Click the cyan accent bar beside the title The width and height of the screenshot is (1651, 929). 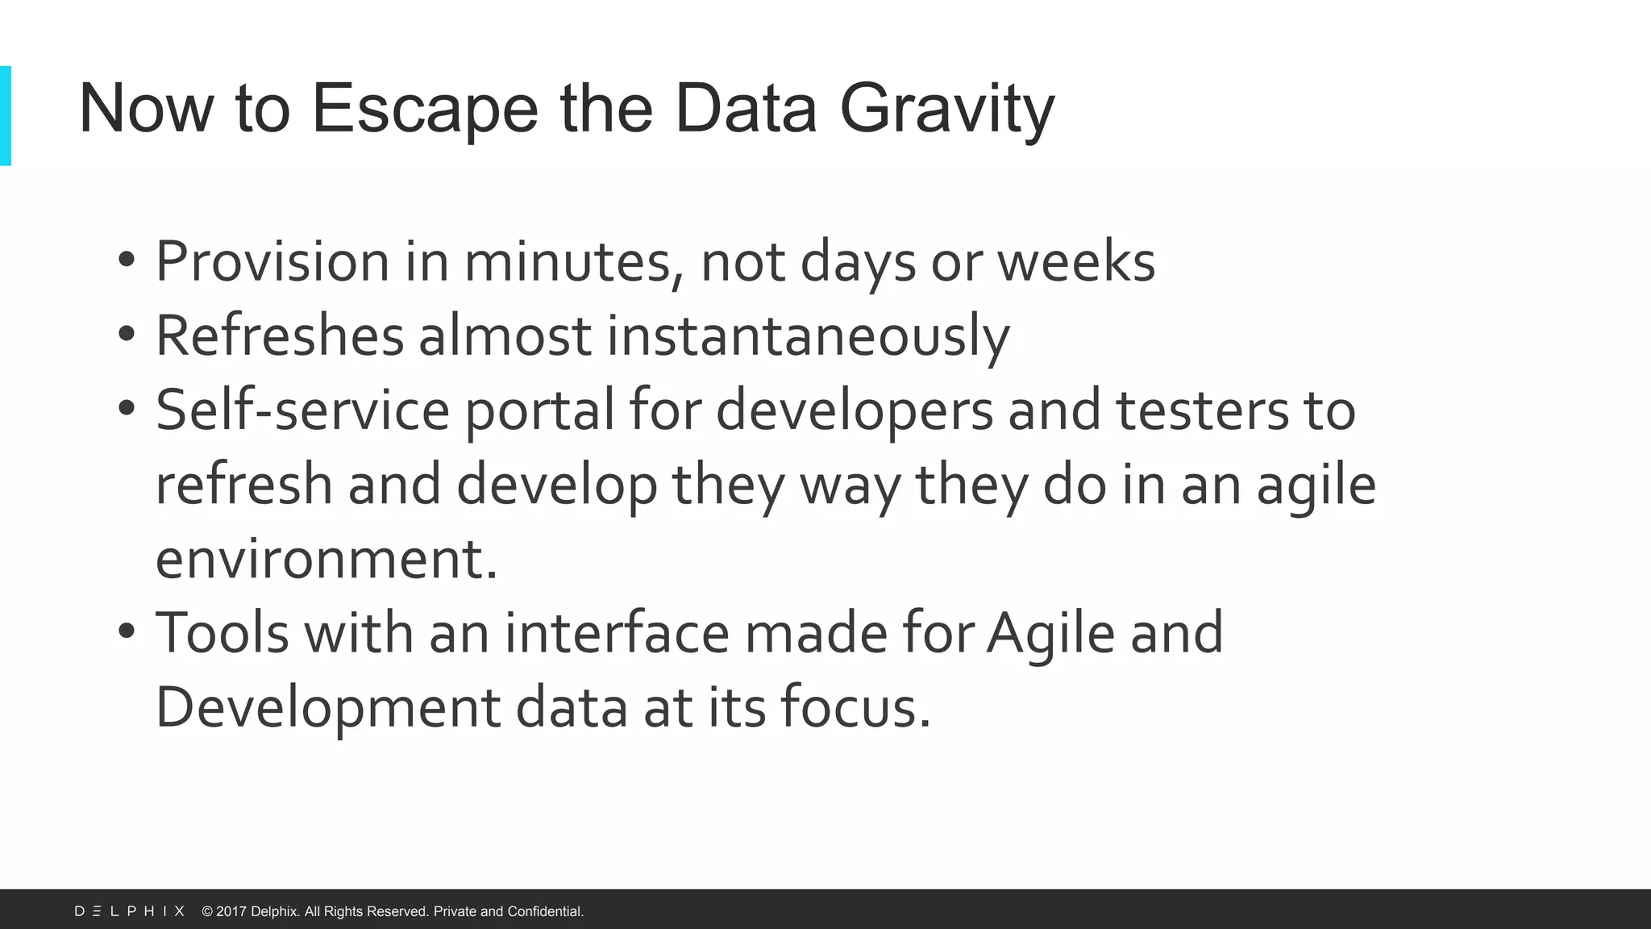pyautogui.click(x=6, y=115)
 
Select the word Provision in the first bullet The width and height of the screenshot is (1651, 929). pyautogui.click(x=272, y=262)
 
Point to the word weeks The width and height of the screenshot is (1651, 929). pyautogui.click(x=1076, y=262)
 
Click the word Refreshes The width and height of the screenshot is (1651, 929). pyautogui.click(x=279, y=335)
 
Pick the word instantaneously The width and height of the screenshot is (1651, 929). pyautogui.click(x=808, y=335)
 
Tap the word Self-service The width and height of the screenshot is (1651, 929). pyautogui.click(x=302, y=410)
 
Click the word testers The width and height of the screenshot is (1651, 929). pyautogui.click(x=1202, y=410)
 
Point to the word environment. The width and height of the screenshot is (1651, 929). pyautogui.click(x=326, y=559)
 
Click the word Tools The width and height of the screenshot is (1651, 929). pyautogui.click(x=222, y=633)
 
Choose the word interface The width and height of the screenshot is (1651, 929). pyautogui.click(x=617, y=633)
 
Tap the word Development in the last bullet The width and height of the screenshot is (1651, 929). pyautogui.click(x=327, y=707)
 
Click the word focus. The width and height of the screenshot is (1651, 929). pyautogui.click(x=855, y=707)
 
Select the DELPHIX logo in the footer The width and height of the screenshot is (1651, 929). pyautogui.click(x=130, y=911)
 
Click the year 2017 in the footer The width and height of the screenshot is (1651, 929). pyautogui.click(x=231, y=911)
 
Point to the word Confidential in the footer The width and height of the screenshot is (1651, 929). pyautogui.click(x=545, y=911)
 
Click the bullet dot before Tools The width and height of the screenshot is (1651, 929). pyautogui.click(x=126, y=631)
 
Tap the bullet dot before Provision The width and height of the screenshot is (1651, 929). pyautogui.click(x=126, y=260)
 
